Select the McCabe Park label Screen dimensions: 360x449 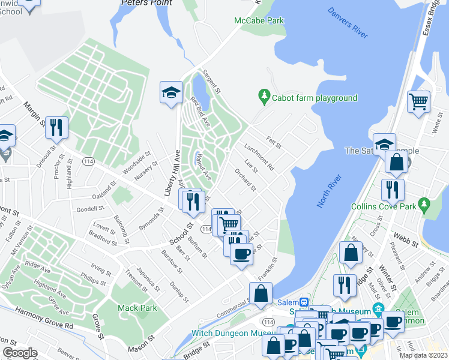click(x=259, y=20)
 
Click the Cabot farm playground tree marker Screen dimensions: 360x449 click(x=263, y=95)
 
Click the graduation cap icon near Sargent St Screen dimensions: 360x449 click(x=171, y=93)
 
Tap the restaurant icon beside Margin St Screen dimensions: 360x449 click(x=57, y=127)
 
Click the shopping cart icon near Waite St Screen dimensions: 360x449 click(x=418, y=101)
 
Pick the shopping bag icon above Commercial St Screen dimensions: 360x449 click(x=261, y=294)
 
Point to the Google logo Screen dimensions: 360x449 click(x=20, y=352)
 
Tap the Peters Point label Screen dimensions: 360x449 click(x=146, y=3)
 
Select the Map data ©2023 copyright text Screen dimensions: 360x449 click(x=423, y=355)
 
